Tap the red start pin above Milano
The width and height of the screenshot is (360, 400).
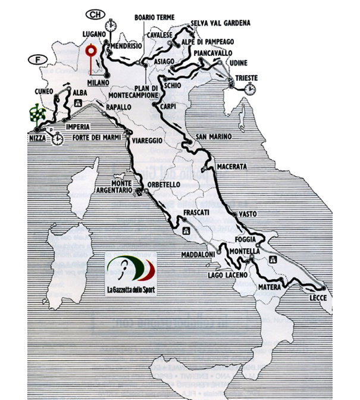[91, 52]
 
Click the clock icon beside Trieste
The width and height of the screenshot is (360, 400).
[251, 89]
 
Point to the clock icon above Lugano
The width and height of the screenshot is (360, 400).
[110, 26]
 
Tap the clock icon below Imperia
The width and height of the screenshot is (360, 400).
[57, 139]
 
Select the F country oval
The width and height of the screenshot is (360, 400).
[36, 59]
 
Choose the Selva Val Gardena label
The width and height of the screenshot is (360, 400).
[221, 23]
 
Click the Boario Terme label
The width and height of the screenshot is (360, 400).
[154, 18]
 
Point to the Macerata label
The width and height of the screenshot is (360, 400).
[232, 167]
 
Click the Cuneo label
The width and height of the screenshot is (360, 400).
[45, 91]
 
